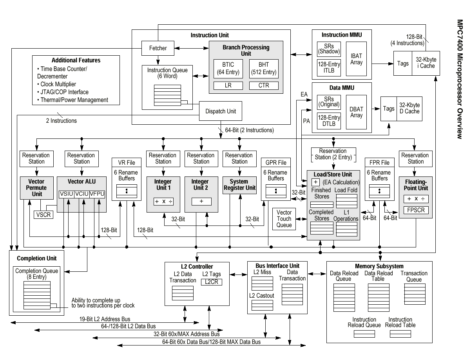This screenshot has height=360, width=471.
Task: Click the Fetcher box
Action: (x=158, y=48)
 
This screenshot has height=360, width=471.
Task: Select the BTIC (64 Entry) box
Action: (x=228, y=69)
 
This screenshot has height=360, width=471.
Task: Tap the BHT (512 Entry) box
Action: (x=264, y=69)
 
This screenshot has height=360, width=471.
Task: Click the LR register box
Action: (x=228, y=85)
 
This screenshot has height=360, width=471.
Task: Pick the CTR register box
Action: (x=264, y=85)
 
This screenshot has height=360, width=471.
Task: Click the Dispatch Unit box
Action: (x=221, y=111)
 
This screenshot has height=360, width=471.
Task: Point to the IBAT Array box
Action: (x=357, y=59)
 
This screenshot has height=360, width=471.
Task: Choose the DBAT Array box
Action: (x=357, y=112)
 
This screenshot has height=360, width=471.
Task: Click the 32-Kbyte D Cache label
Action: (x=409, y=108)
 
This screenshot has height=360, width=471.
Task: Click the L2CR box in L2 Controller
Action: (x=211, y=282)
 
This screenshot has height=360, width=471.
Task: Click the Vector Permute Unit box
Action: (x=37, y=188)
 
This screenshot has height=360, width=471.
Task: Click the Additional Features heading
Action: (x=76, y=60)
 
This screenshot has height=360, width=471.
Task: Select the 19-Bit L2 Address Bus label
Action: (x=105, y=319)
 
